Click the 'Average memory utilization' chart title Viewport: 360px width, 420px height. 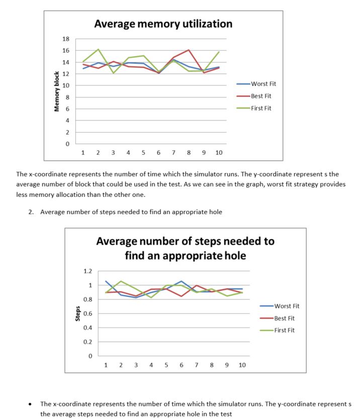163,24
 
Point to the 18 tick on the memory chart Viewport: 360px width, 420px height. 65,39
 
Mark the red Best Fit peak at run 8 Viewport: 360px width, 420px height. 189,50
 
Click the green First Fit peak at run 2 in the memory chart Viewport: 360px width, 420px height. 98,49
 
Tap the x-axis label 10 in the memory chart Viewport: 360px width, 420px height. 219,152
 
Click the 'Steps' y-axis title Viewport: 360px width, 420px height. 78,314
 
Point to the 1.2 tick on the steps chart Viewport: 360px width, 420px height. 87,271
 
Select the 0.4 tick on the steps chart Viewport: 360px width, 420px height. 87,328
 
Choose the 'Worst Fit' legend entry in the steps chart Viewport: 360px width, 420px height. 287,306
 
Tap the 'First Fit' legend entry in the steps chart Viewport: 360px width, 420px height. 285,330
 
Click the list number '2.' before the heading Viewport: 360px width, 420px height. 31,212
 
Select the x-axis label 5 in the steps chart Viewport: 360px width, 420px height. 166,365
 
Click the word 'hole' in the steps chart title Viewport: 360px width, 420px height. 232,255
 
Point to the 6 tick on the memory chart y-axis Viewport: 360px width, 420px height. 67,109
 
